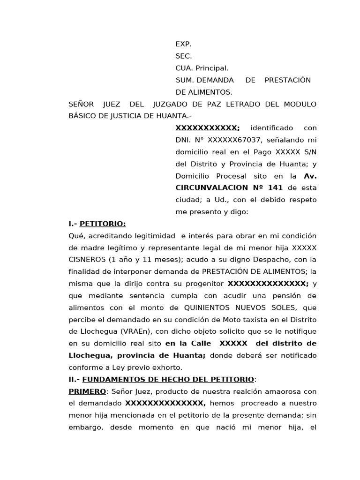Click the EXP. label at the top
click(183, 44)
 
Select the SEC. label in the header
click(183, 56)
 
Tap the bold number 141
click(276, 188)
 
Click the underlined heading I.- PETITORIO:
click(97, 224)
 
